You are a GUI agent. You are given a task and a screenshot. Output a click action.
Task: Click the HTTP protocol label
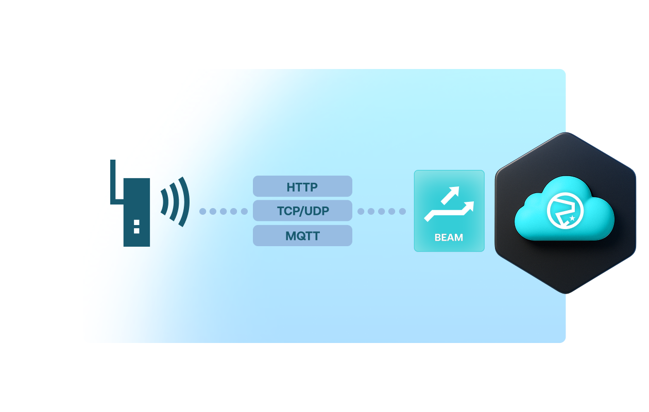point(302,187)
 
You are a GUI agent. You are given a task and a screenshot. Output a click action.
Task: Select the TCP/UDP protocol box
point(302,211)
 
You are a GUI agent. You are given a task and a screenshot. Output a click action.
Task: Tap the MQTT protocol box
point(302,236)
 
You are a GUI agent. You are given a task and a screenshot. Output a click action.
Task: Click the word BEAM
point(449,237)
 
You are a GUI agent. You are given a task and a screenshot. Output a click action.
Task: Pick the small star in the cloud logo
point(572,218)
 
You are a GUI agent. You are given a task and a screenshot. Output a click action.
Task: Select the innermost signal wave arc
point(164,201)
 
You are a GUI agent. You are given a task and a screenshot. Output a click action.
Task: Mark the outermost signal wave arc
point(185,201)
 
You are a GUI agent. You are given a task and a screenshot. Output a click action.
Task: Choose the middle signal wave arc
point(175,201)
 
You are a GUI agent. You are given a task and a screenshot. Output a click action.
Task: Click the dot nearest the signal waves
point(202,211)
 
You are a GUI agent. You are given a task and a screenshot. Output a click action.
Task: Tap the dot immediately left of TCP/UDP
point(244,211)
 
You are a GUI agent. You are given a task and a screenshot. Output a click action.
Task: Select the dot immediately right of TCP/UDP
point(361,211)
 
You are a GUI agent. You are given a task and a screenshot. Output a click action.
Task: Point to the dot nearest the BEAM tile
point(402,211)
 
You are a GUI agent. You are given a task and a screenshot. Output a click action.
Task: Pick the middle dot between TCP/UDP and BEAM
point(382,211)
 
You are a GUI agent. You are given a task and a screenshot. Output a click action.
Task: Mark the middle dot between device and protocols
point(223,211)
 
